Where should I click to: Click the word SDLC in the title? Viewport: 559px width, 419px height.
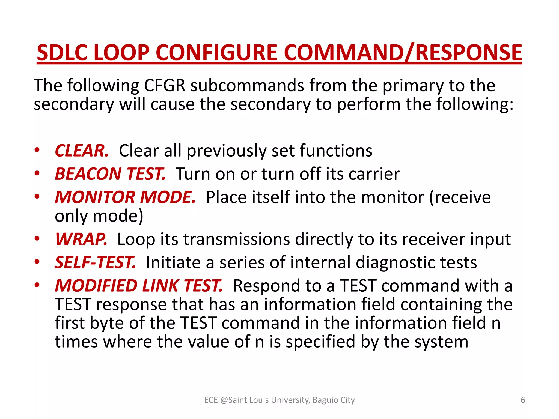tap(62, 53)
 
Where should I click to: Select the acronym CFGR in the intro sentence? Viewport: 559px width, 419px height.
tap(165, 86)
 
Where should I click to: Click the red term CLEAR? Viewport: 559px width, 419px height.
tap(82, 151)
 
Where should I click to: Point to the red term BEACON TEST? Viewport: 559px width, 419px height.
tap(110, 174)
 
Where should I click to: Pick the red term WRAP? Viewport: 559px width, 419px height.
tap(81, 239)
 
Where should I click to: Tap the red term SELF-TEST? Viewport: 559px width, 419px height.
tap(95, 262)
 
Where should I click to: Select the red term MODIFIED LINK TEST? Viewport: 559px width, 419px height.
tap(139, 286)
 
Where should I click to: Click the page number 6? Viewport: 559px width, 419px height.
tap(523, 400)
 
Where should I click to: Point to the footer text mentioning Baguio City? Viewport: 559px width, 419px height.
tap(279, 400)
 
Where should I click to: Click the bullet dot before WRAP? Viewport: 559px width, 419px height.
tap(37, 238)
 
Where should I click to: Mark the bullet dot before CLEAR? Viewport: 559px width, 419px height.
tap(37, 150)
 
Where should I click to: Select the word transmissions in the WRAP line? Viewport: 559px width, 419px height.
tap(236, 239)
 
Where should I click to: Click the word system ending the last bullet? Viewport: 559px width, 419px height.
tap(441, 342)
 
